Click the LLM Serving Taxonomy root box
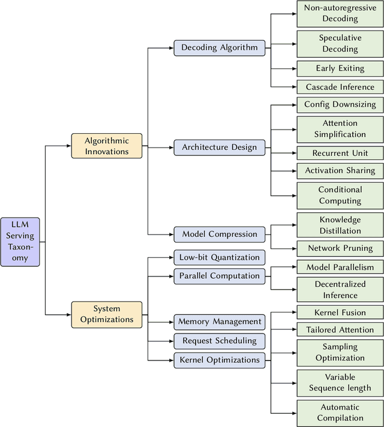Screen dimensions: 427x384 click(20, 242)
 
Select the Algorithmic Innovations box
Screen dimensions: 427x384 click(107, 146)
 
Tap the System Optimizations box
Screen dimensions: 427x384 click(107, 314)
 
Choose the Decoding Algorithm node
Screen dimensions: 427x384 click(219, 48)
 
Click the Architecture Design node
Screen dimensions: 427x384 click(219, 148)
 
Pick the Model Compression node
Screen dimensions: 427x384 click(219, 234)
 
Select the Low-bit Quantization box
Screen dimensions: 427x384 click(219, 258)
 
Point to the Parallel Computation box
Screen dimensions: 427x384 click(219, 276)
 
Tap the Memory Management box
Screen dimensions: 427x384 click(219, 322)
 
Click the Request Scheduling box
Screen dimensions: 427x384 click(219, 341)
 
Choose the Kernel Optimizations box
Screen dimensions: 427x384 click(219, 360)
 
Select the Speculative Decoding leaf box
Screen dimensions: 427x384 click(340, 43)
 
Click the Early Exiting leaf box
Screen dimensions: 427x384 click(340, 68)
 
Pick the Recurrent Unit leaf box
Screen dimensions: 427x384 click(340, 153)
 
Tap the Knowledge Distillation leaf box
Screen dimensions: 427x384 click(340, 225)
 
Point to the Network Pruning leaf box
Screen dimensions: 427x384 click(340, 248)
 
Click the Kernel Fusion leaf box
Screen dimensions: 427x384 click(340, 312)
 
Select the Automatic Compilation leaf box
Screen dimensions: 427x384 click(340, 413)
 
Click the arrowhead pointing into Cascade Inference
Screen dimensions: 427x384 click(293, 87)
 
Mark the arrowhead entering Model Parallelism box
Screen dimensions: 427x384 click(293, 267)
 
